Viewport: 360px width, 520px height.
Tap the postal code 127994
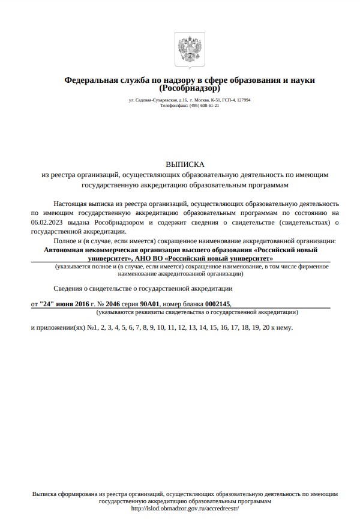[242, 100]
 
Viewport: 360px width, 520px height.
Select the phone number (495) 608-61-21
[204, 105]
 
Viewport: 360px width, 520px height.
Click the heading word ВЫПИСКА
[185, 164]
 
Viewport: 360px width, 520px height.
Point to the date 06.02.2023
[47, 222]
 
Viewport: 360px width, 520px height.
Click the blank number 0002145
[217, 304]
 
